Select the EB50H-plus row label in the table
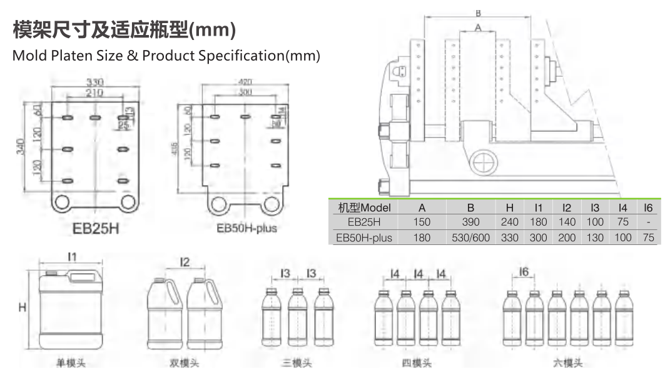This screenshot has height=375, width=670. pos(364,237)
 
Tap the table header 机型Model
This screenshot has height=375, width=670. pos(364,207)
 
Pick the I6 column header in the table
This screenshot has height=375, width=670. pos(648,207)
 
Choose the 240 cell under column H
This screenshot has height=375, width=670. pos(510,222)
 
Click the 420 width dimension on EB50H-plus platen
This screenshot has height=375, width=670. pos(245,82)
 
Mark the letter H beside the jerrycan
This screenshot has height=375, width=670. pos(22,309)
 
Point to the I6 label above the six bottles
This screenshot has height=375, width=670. pos(524,272)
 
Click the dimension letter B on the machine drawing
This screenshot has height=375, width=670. pos(479,12)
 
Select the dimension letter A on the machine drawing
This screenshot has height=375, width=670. pos(479,27)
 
